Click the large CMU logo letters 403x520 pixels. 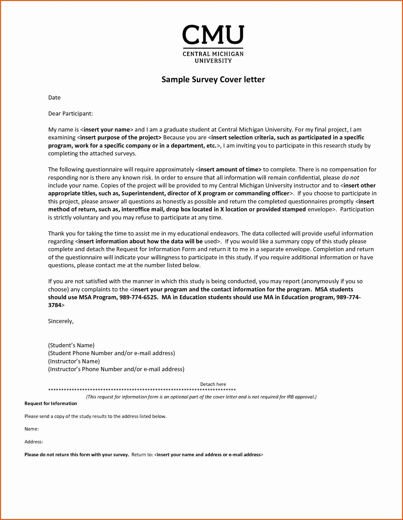click(x=213, y=35)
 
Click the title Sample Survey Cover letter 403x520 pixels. click(x=213, y=79)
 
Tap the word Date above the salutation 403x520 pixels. click(x=54, y=98)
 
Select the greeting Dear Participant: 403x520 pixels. click(x=70, y=114)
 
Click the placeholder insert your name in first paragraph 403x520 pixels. click(x=107, y=130)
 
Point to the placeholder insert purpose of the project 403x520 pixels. click(x=120, y=138)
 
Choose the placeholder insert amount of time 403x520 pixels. click(x=230, y=170)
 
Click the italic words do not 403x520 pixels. click(x=350, y=178)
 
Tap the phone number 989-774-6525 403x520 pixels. click(x=138, y=297)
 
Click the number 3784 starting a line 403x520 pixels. click(x=54, y=305)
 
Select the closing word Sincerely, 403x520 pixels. click(x=61, y=321)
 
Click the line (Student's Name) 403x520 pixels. click(x=71, y=345)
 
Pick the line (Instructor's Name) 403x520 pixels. click(x=74, y=361)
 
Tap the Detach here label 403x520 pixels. click(x=213, y=384)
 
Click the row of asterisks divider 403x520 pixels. click(x=142, y=390)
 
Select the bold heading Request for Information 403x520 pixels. click(x=51, y=404)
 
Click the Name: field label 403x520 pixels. click(x=31, y=429)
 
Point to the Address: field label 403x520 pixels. click(x=34, y=442)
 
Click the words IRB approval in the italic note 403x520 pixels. click(x=300, y=397)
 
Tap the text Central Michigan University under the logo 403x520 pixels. click(x=213, y=57)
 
